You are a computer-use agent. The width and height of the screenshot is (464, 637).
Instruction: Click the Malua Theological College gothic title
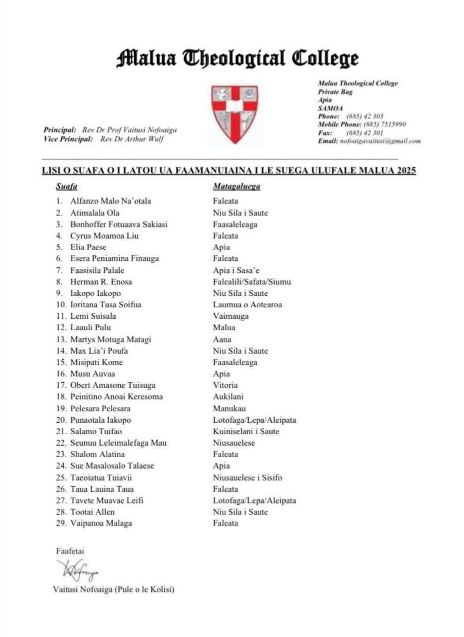[237, 58]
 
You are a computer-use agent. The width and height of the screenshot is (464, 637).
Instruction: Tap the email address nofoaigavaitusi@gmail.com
[380, 141]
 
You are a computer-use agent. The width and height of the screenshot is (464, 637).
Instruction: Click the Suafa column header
[67, 186]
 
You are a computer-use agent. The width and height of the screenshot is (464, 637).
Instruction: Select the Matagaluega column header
[236, 186]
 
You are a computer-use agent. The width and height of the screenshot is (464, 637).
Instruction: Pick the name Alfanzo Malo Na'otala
[111, 201]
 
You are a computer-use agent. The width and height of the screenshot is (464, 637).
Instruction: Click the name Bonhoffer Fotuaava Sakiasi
[119, 225]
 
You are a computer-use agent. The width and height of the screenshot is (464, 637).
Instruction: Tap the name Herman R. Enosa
[101, 282]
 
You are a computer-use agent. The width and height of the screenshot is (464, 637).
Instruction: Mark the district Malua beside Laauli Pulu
[224, 328]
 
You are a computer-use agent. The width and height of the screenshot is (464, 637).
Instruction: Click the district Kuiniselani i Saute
[246, 431]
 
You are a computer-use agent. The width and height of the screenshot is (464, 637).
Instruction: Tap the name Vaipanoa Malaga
[101, 523]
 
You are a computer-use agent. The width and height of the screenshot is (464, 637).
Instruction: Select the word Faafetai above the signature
[70, 551]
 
